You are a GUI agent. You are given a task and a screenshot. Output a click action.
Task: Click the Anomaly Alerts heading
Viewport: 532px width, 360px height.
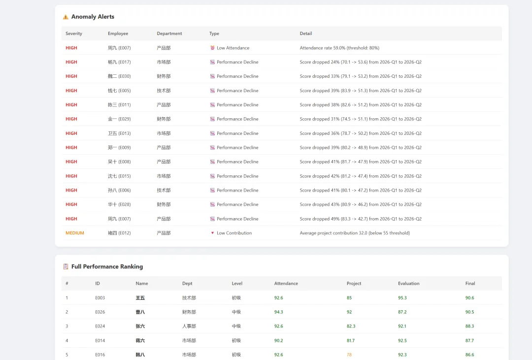click(93, 17)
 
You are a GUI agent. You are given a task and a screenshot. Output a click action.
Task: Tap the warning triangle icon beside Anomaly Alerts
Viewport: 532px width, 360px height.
click(66, 17)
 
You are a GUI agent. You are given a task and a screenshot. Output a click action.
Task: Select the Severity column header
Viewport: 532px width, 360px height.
click(73, 33)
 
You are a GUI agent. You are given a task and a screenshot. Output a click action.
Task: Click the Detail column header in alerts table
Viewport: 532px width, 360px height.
click(306, 33)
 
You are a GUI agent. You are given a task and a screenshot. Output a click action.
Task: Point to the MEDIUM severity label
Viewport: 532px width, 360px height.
click(75, 233)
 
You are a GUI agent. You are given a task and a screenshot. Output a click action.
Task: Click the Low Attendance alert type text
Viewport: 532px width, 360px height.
click(233, 48)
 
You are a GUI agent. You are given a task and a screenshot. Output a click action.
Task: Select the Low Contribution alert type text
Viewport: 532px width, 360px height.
click(234, 233)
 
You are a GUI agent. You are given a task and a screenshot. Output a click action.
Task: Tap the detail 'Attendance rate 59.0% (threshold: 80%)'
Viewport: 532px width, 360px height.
click(339, 48)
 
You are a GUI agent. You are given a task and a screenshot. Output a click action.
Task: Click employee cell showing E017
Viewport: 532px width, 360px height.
click(119, 62)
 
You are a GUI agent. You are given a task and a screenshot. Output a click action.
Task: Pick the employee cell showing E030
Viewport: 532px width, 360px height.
click(119, 76)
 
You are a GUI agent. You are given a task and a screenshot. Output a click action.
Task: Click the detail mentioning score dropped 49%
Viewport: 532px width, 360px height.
click(360, 219)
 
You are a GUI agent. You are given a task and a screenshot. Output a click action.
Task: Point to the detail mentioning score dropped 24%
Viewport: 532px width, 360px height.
click(360, 62)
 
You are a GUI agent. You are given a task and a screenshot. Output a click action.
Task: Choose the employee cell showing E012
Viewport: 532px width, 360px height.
click(119, 233)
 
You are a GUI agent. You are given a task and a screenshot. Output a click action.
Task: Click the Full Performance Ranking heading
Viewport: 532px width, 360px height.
click(107, 267)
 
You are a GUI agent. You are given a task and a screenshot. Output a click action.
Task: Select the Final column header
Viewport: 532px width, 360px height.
click(470, 283)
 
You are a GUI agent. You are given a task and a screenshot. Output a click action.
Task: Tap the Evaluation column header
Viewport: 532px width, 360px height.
click(408, 283)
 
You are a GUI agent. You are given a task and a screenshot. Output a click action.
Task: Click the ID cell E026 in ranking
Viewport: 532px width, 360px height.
click(100, 312)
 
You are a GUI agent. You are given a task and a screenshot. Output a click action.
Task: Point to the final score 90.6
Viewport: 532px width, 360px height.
click(469, 297)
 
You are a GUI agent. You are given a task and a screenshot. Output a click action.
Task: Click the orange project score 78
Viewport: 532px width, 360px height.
click(349, 355)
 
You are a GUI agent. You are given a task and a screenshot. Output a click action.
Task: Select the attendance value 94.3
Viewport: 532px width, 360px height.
click(278, 312)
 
